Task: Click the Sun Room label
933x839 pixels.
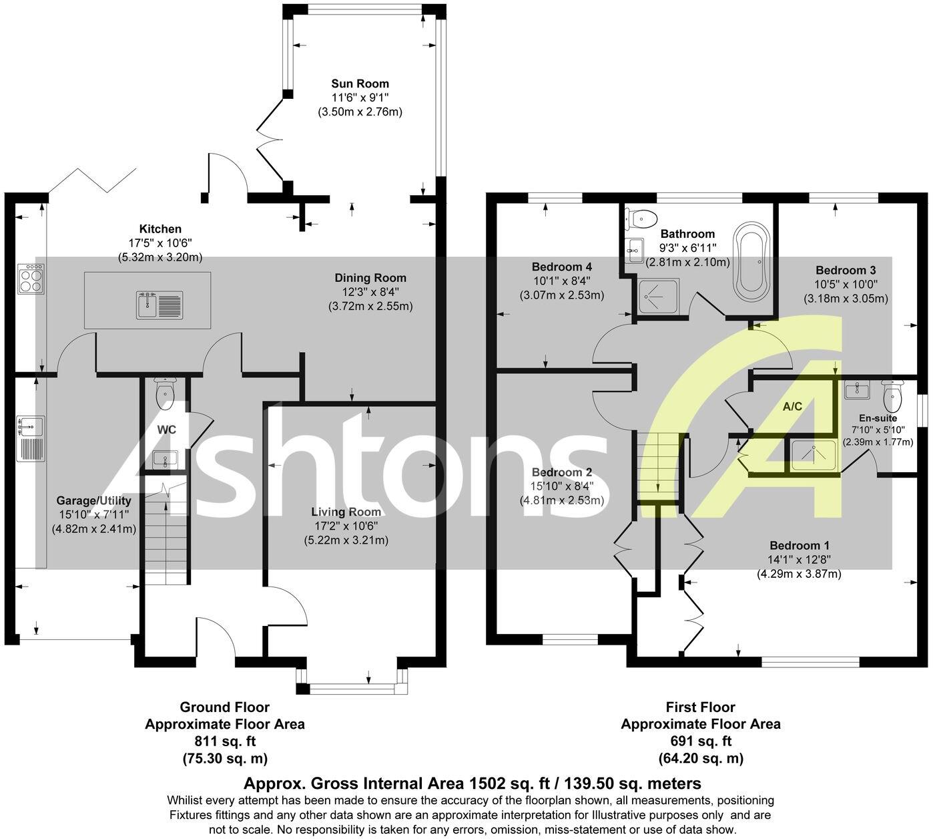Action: pyautogui.click(x=360, y=83)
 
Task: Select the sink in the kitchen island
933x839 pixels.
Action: pyautogui.click(x=159, y=305)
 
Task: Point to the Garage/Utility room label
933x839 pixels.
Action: pyautogui.click(x=93, y=500)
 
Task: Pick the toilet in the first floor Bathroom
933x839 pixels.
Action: pyautogui.click(x=643, y=217)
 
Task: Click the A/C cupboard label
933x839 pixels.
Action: pyautogui.click(x=792, y=406)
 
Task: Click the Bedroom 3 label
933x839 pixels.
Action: pyautogui.click(x=846, y=270)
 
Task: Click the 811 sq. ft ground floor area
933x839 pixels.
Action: pyautogui.click(x=225, y=741)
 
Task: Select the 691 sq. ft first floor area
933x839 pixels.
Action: pyautogui.click(x=701, y=741)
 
